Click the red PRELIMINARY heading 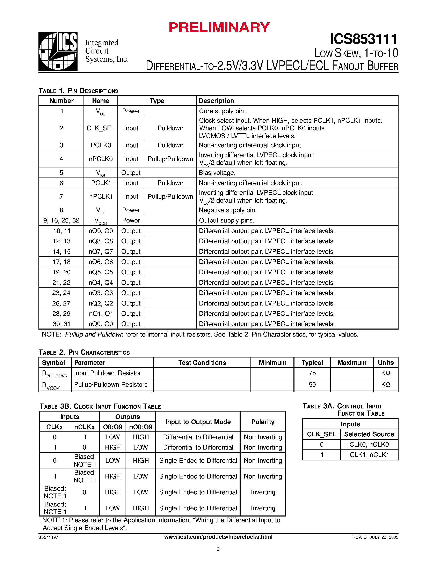click(219, 27)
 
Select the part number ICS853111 click(363, 39)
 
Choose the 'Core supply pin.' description click(222, 111)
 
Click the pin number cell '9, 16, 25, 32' click(61, 220)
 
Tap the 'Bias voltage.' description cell click(217, 173)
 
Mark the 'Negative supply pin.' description click(228, 210)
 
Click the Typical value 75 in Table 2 click(312, 373)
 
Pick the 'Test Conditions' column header click(202, 363)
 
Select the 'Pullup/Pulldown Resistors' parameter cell click(111, 384)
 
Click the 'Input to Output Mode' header click(198, 422)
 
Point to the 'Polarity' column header click(263, 422)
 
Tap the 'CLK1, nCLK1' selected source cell click(369, 455)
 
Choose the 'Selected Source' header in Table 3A click(369, 434)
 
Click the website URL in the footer click(218, 537)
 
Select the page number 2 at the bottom click(218, 549)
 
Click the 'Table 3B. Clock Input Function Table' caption click(100, 406)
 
